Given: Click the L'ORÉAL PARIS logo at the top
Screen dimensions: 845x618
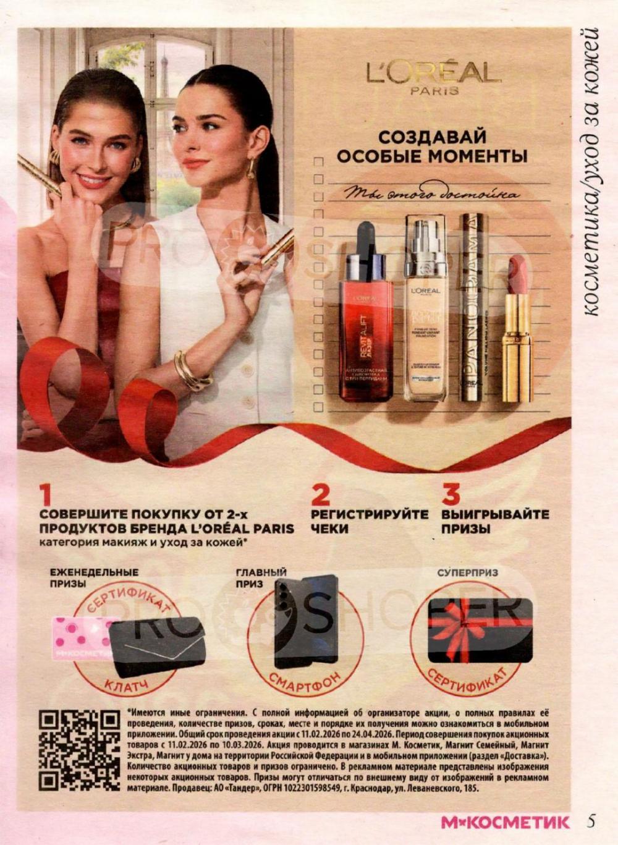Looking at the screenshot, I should click(433, 77).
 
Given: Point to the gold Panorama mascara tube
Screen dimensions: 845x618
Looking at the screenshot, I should click(473, 309).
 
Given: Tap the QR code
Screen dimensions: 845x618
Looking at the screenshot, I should click(80, 750).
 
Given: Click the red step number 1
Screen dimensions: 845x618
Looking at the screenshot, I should click(44, 495).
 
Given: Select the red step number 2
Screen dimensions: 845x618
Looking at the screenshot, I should click(320, 495).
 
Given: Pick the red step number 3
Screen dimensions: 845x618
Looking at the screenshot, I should click(451, 495).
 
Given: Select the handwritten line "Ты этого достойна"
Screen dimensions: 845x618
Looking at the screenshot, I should click(433, 194).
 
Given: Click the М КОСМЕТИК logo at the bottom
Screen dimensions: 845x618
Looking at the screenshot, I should click(505, 823).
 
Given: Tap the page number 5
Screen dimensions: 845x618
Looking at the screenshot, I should click(591, 822).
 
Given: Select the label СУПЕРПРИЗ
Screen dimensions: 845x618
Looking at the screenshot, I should click(467, 573).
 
